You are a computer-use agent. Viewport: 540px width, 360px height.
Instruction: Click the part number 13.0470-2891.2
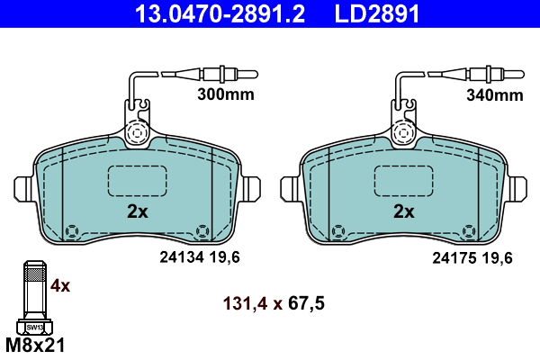pyautogui.click(x=220, y=13)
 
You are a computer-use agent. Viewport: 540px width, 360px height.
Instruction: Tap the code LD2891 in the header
pyautogui.click(x=377, y=13)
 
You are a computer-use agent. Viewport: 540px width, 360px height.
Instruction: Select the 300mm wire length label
pyautogui.click(x=226, y=94)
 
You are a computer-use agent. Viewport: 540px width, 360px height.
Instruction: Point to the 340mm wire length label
pyautogui.click(x=494, y=94)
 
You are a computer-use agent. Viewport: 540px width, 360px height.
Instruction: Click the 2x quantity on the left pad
pyautogui.click(x=138, y=211)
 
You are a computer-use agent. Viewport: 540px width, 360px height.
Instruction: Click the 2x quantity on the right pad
pyautogui.click(x=404, y=211)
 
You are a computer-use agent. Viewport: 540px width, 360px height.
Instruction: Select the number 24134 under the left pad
pyautogui.click(x=182, y=257)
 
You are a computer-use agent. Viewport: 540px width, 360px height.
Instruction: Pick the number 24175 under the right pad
pyautogui.click(x=454, y=257)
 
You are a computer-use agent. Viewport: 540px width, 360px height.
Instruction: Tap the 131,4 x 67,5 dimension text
pyautogui.click(x=274, y=303)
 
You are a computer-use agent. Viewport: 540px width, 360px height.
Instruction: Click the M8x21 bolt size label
pyautogui.click(x=35, y=346)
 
